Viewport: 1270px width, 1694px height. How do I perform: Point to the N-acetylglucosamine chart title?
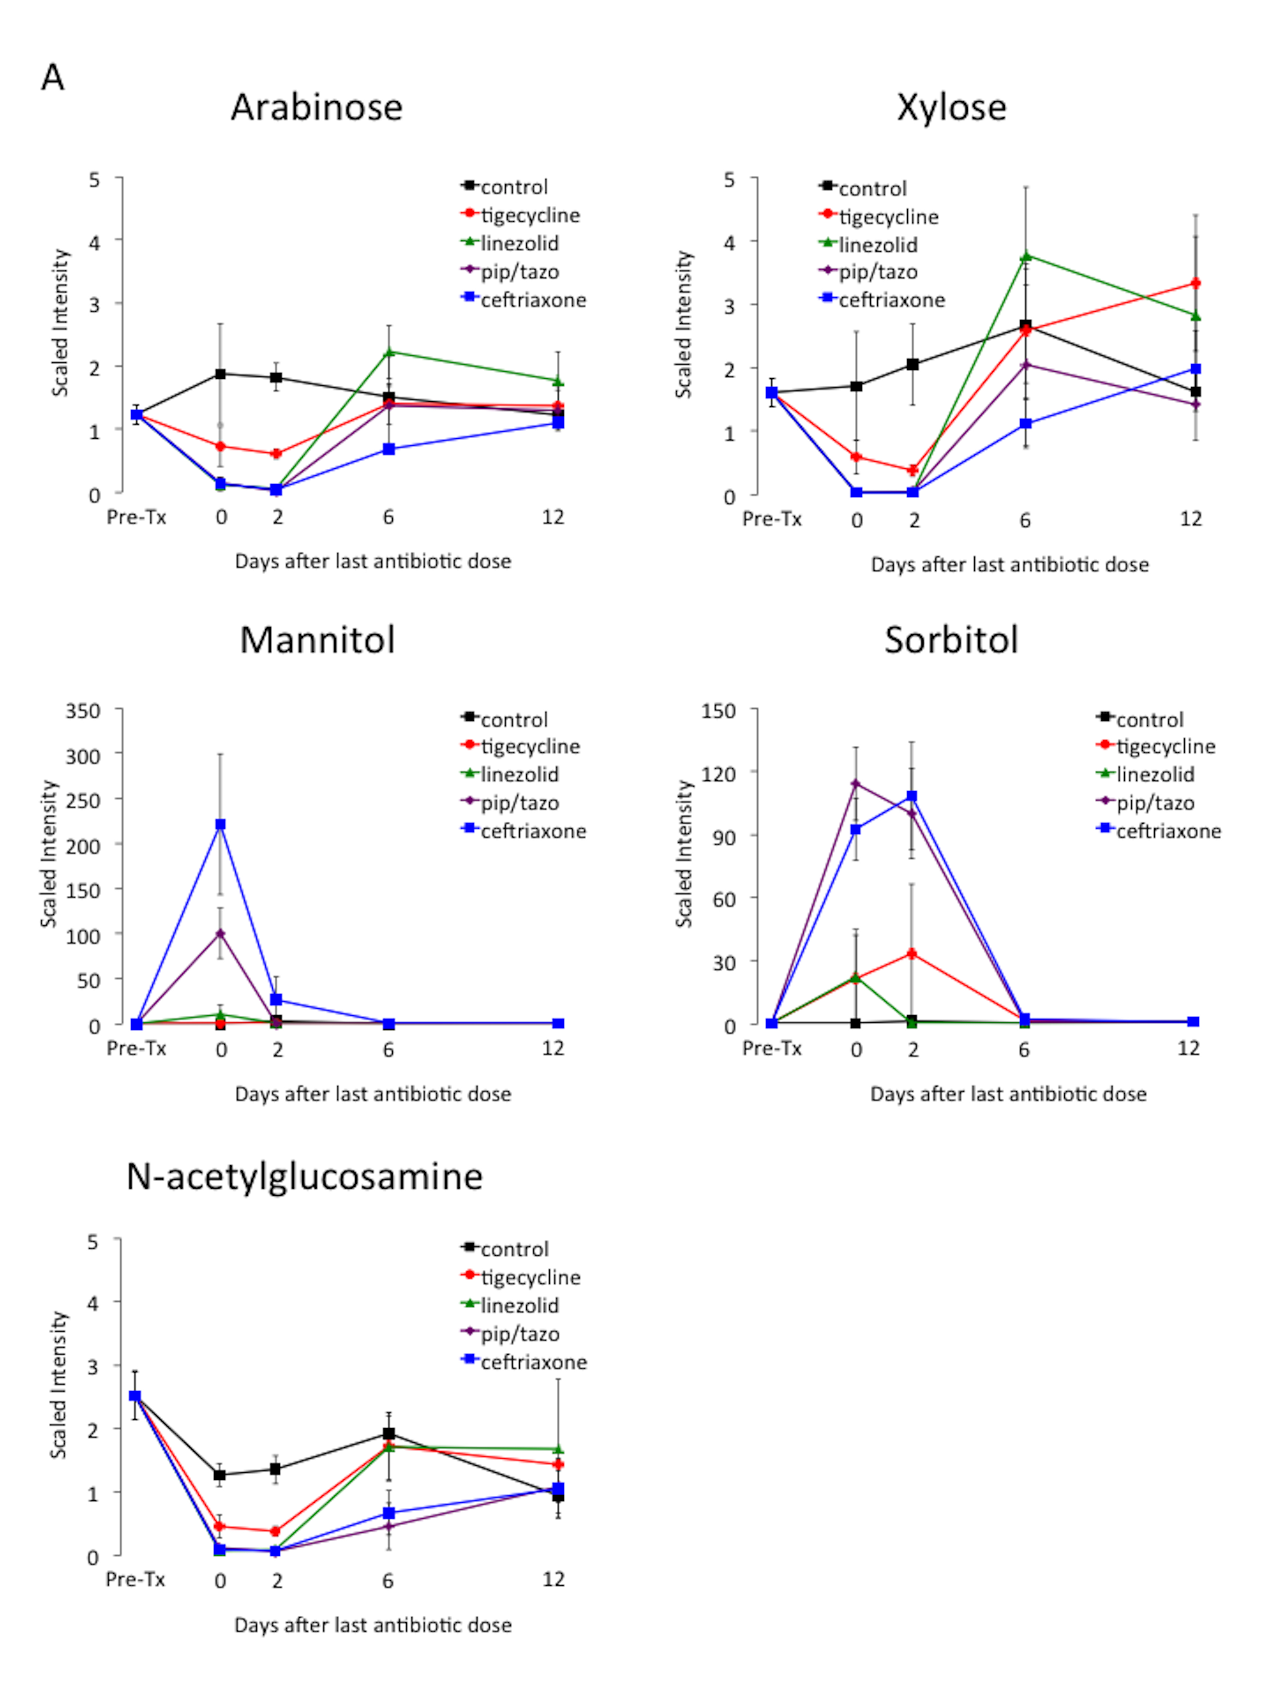click(304, 1176)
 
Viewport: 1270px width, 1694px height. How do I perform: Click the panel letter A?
click(52, 77)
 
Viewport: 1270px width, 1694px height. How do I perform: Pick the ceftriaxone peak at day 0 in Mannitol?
click(220, 824)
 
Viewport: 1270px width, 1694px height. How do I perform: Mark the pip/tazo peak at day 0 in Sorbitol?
click(856, 783)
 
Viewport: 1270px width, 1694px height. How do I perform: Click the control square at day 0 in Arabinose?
click(220, 374)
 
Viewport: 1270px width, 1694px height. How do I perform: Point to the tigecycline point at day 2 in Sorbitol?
click(912, 954)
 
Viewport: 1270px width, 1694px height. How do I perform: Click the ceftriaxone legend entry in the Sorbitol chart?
click(1167, 831)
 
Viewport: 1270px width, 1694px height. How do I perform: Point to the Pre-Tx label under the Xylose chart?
click(772, 519)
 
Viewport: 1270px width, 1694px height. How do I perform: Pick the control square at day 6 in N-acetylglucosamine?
click(389, 1433)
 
